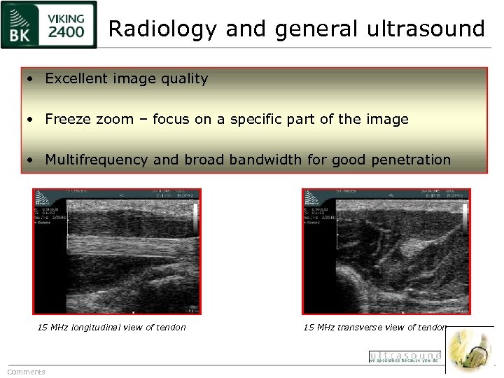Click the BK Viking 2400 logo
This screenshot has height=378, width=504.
(x=49, y=24)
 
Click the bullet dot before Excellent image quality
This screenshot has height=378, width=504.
(x=30, y=79)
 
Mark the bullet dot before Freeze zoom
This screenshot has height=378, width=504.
(x=30, y=120)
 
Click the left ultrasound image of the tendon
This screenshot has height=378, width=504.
(x=117, y=251)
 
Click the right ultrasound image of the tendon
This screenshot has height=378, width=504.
(x=386, y=251)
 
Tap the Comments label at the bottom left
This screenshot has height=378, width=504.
(x=26, y=372)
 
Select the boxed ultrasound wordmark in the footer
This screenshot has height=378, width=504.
(x=405, y=356)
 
